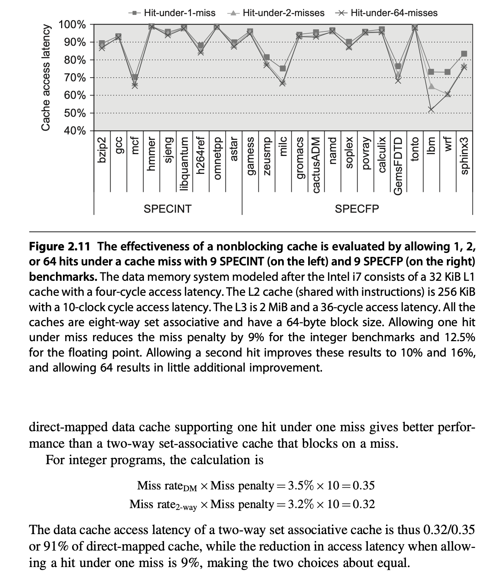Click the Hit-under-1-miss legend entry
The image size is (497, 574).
click(x=172, y=13)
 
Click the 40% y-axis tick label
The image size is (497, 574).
click(x=75, y=131)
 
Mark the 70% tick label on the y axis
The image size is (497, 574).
click(x=75, y=78)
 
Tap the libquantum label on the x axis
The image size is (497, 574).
click(x=184, y=164)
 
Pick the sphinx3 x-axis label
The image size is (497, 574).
click(x=464, y=156)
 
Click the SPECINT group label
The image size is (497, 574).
click(x=168, y=209)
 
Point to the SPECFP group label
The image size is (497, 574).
click(x=357, y=209)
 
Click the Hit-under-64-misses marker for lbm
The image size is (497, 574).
click(x=431, y=110)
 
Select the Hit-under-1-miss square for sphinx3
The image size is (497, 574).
click(x=464, y=54)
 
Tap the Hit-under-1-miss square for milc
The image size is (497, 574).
click(x=283, y=69)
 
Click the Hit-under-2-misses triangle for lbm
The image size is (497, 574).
click(x=431, y=86)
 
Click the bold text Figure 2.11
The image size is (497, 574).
click(x=60, y=246)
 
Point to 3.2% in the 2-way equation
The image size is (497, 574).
click(x=300, y=504)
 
